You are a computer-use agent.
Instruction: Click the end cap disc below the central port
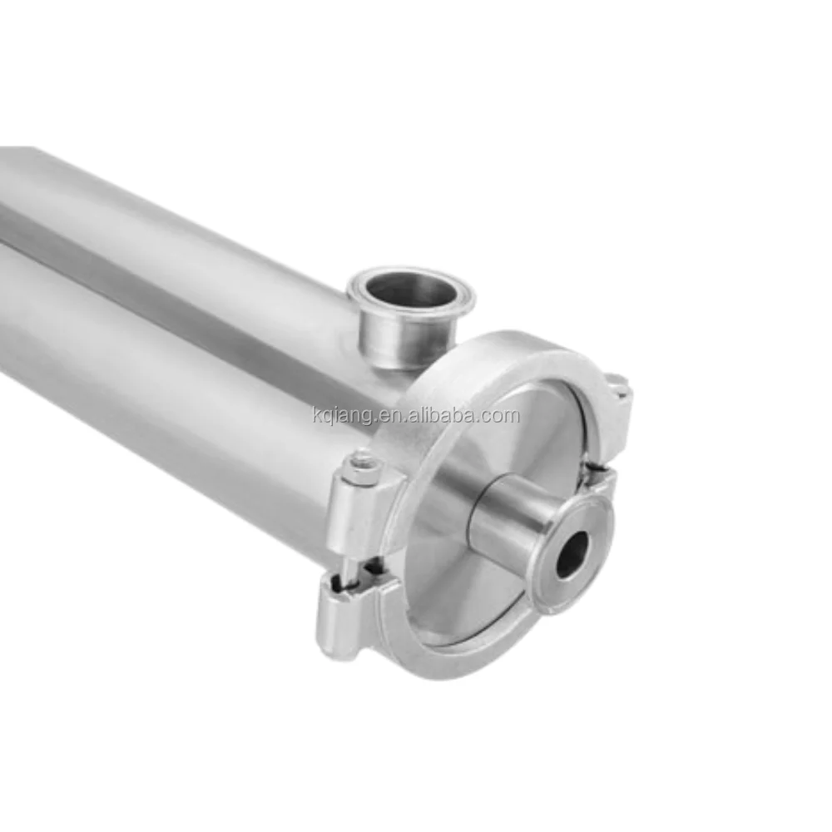(483, 599)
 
